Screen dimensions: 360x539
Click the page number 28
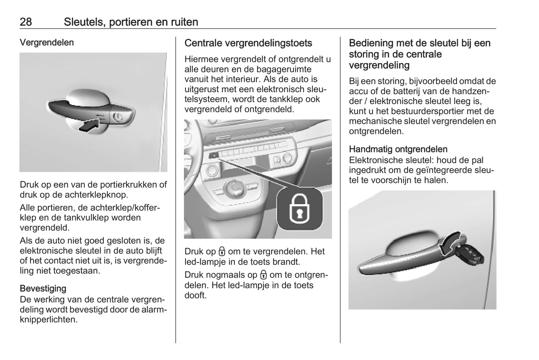click(x=26, y=22)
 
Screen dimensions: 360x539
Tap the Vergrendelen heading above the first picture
click(x=47, y=43)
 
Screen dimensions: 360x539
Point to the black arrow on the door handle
click(x=91, y=125)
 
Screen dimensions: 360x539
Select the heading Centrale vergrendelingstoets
click(x=248, y=43)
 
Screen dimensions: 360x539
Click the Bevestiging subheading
click(x=43, y=288)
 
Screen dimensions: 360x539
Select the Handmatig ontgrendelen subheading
click(x=398, y=149)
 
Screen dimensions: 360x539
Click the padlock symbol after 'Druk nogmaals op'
click(x=263, y=275)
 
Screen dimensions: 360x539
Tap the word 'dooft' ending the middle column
click(x=195, y=295)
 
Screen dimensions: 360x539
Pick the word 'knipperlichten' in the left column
click(x=48, y=320)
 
